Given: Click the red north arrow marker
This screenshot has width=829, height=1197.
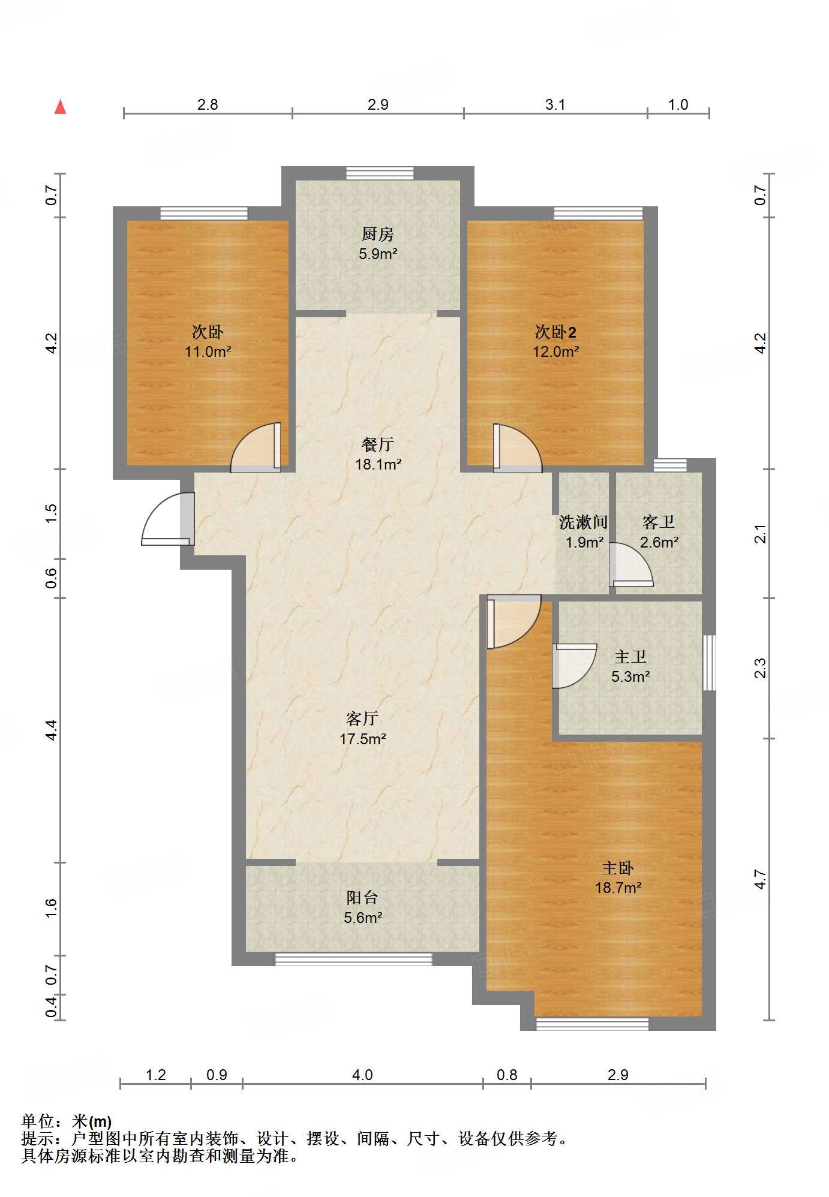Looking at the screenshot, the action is [60, 107].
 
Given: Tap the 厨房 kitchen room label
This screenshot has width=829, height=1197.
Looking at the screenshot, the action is [378, 234].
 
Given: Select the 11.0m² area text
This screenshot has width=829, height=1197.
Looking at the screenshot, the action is [208, 351].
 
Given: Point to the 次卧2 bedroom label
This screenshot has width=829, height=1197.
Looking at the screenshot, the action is [555, 332].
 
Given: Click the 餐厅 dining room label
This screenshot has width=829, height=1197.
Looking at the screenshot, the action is [378, 444].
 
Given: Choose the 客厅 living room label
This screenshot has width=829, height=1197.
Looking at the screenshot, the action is [362, 718].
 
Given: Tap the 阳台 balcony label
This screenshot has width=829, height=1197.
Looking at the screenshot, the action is [362, 897].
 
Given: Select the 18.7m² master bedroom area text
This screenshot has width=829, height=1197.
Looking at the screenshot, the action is [618, 888].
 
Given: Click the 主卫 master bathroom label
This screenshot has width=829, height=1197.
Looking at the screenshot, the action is [630, 657].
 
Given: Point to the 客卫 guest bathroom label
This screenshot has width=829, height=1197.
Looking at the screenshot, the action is [659, 522].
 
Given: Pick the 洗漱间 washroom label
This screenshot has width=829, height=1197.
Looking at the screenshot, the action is [584, 522].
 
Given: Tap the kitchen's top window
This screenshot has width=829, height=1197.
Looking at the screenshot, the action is [380, 173].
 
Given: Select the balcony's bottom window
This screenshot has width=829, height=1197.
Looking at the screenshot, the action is [353, 959].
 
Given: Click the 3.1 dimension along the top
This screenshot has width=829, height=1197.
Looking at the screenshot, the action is [555, 104].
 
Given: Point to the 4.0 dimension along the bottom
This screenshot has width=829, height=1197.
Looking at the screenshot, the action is [362, 1075].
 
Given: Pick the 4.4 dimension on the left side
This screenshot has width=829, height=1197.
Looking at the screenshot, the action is [51, 730].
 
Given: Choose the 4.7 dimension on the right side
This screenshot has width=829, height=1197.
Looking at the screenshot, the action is [760, 879].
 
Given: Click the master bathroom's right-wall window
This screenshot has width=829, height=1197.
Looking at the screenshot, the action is [709, 663].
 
